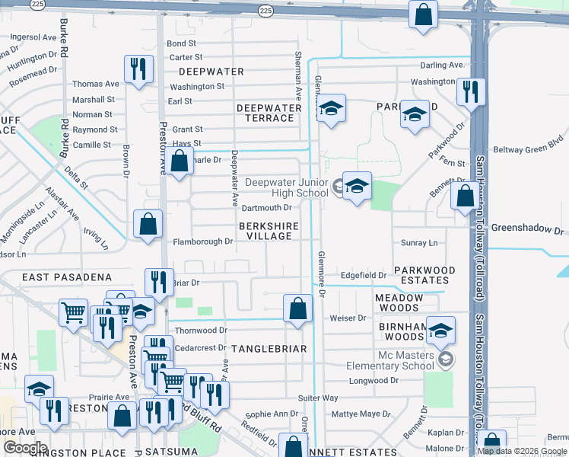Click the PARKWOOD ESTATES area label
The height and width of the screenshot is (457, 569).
[x=424, y=275]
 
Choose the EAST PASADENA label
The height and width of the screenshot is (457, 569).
[x=66, y=278]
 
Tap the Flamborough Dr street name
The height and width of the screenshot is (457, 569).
[x=201, y=241]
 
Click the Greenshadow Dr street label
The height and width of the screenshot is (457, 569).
[x=529, y=228]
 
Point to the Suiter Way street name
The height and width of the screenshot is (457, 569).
[x=318, y=398]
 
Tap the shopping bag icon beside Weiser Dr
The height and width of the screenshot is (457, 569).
[x=297, y=309]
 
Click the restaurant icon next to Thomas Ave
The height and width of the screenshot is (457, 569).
[x=138, y=70]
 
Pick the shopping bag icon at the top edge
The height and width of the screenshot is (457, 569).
[x=423, y=14]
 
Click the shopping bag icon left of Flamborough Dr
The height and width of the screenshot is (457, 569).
[x=148, y=225]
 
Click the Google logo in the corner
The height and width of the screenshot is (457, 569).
[x=25, y=448]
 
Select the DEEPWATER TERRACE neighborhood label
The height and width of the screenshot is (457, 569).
[x=269, y=113]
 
